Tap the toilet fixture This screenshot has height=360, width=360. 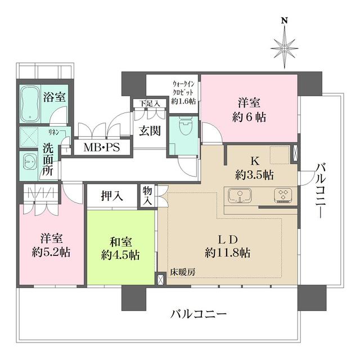183,127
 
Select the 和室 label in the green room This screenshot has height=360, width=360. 120,241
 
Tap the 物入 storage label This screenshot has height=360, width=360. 147,196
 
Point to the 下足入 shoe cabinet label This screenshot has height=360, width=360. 150,103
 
